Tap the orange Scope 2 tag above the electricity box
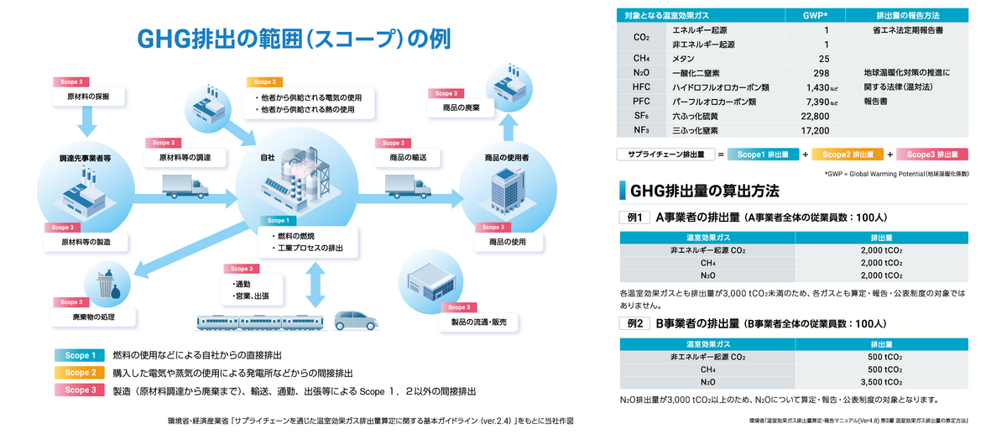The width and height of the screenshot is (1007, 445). tap(263, 82)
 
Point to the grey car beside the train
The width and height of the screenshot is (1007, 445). tap(357, 321)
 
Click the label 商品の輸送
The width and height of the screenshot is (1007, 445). tap(408, 157)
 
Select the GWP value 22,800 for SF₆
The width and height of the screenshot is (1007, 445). tap(816, 116)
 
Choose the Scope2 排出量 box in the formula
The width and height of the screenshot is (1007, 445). tap(848, 154)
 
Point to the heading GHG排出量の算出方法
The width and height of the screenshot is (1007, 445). tap(704, 191)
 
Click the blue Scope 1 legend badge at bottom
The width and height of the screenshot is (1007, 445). tap(79, 354)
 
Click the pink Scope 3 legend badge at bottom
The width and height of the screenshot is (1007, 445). tap(79, 390)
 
